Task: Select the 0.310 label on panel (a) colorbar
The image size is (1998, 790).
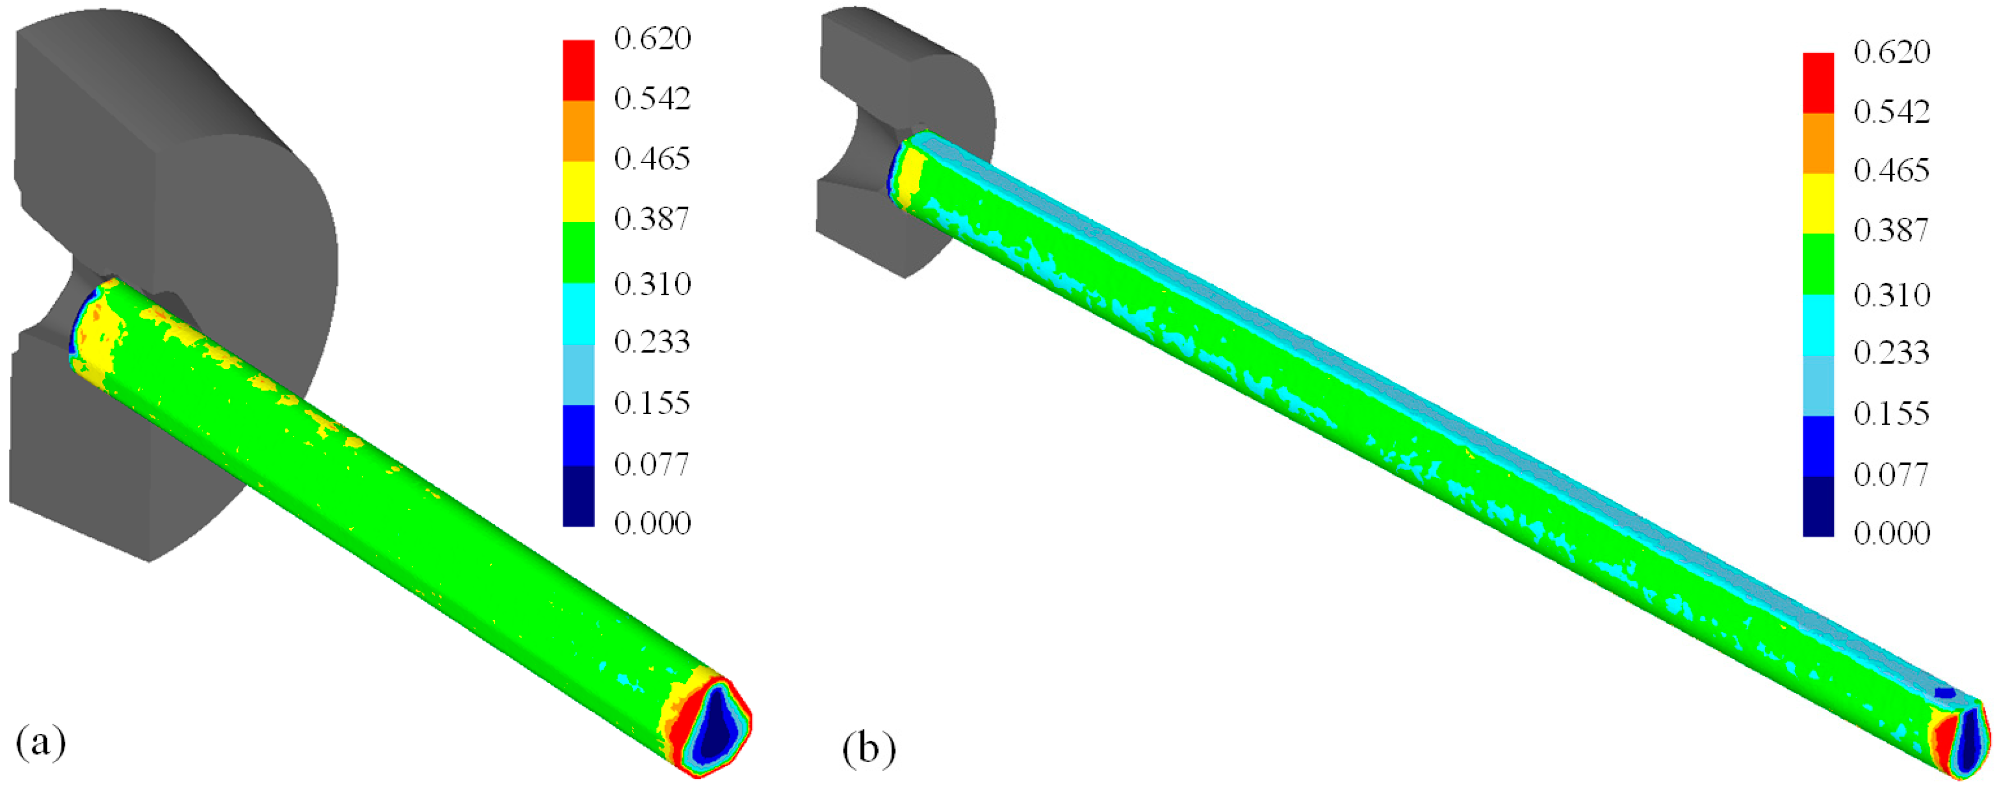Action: point(651,284)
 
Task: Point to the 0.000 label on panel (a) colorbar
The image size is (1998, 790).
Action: point(651,523)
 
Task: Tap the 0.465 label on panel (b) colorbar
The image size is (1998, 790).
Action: point(1891,170)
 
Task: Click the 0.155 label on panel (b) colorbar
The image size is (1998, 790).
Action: point(1891,413)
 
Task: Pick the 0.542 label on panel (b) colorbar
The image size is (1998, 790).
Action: point(1891,112)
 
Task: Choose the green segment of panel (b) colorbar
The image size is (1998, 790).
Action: point(1818,264)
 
